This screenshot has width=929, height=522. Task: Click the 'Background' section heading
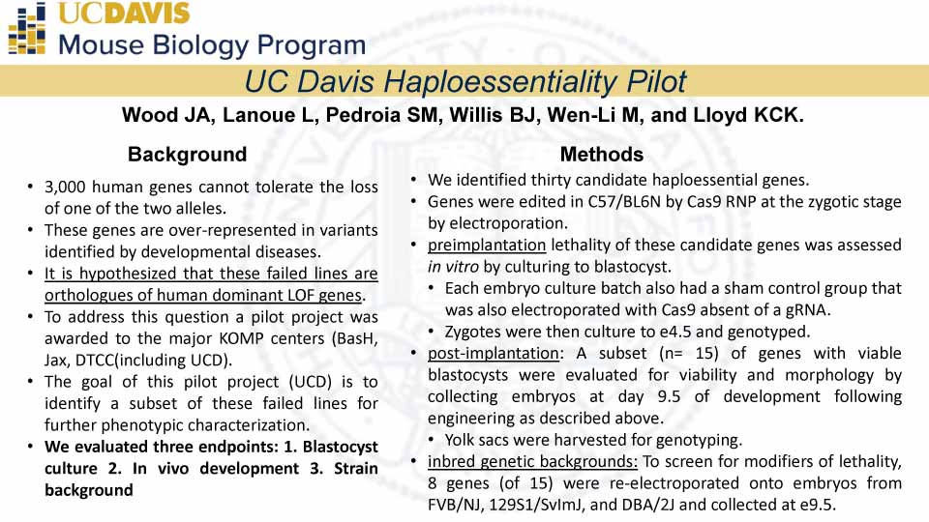187,155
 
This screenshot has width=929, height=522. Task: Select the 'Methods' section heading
601,155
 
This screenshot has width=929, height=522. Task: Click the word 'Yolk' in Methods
461,440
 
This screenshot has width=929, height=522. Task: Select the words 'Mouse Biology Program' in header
212,44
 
